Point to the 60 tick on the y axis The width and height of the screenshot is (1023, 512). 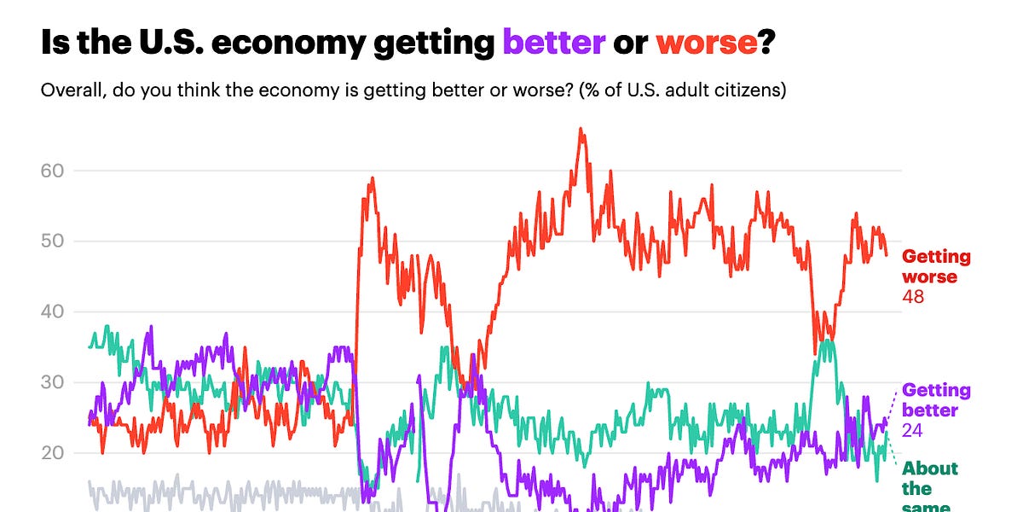(53, 171)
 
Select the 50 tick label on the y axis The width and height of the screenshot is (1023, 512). (53, 241)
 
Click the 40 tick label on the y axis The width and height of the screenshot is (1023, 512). (53, 312)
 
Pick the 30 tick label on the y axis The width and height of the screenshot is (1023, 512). (53, 382)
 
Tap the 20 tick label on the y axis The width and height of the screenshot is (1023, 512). (53, 453)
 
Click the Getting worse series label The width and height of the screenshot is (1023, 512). (936, 266)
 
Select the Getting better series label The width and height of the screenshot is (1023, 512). (936, 400)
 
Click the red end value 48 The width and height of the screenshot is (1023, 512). (913, 297)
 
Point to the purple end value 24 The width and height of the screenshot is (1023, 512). (913, 431)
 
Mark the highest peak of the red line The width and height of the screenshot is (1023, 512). (581, 130)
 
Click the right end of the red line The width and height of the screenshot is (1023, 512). (887, 254)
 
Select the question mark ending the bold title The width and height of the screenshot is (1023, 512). (766, 42)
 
